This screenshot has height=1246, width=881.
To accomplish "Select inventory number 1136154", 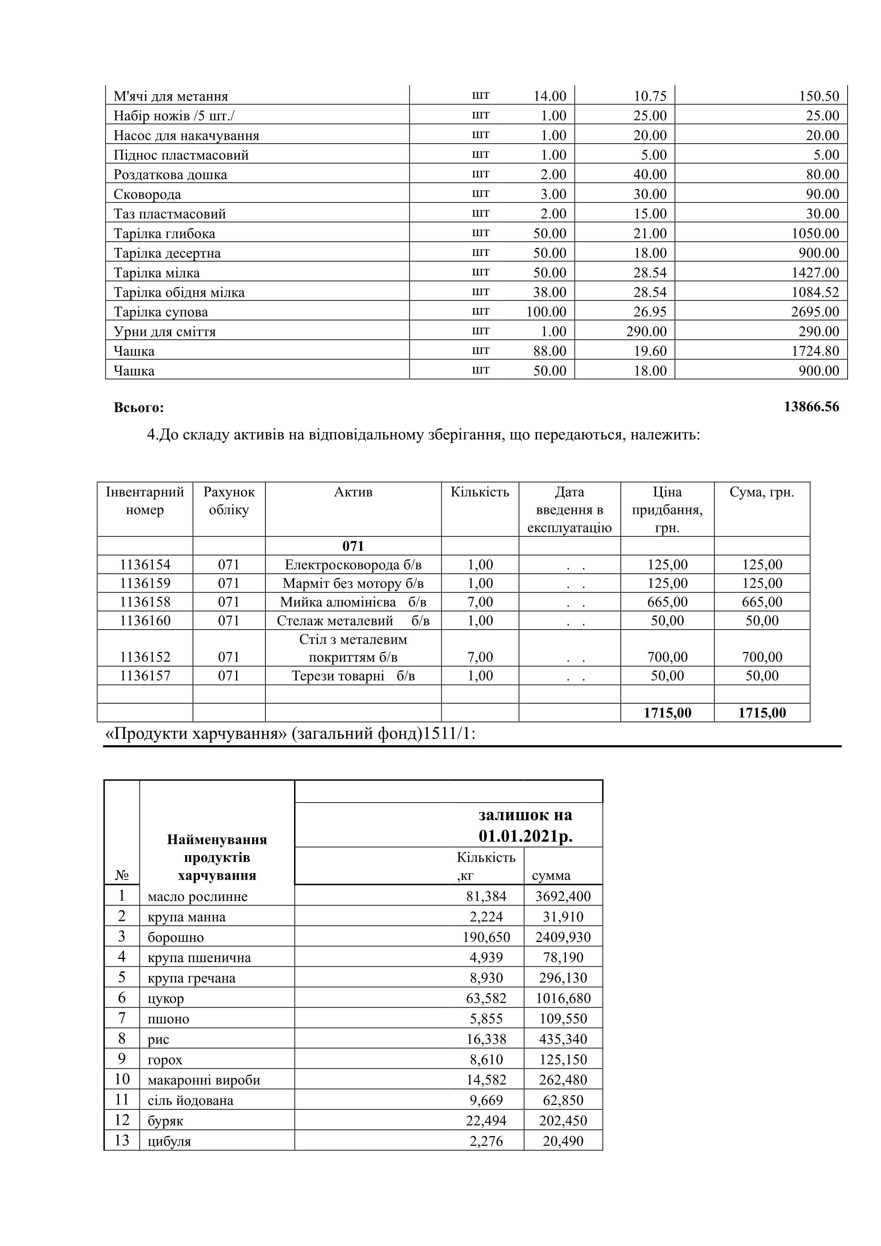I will click(x=145, y=565).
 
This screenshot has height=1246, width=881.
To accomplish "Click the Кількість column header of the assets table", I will click(x=480, y=492).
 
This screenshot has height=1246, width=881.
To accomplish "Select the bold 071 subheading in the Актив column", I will click(x=353, y=546).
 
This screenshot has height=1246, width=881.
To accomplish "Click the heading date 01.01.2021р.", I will click(x=525, y=836).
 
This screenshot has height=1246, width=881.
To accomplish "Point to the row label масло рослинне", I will click(x=198, y=896).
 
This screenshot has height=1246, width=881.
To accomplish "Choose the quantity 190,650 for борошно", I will click(x=486, y=937).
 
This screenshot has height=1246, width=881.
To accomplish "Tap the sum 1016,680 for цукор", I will click(x=563, y=998).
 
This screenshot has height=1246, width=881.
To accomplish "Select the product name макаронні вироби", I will click(x=204, y=1080).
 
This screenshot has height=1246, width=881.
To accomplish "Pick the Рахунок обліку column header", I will click(x=229, y=501).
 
